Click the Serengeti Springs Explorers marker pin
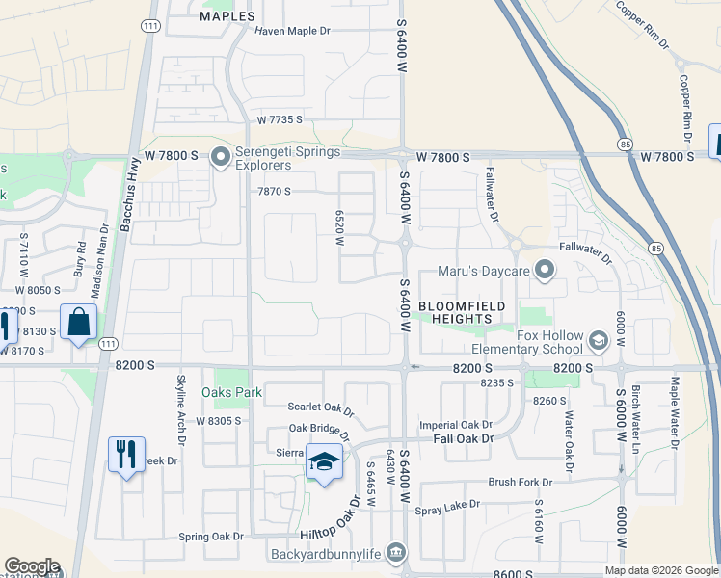click(221, 155)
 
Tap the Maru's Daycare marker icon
click(545, 271)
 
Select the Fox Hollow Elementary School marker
click(598, 341)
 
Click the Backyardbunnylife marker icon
click(395, 551)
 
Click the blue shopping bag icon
click(78, 322)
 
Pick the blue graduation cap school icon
click(324, 460)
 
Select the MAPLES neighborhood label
click(227, 16)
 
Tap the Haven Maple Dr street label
click(292, 31)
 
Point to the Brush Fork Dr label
click(520, 482)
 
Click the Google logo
click(31, 566)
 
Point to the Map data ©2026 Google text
click(660, 570)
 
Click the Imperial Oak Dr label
click(455, 425)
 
